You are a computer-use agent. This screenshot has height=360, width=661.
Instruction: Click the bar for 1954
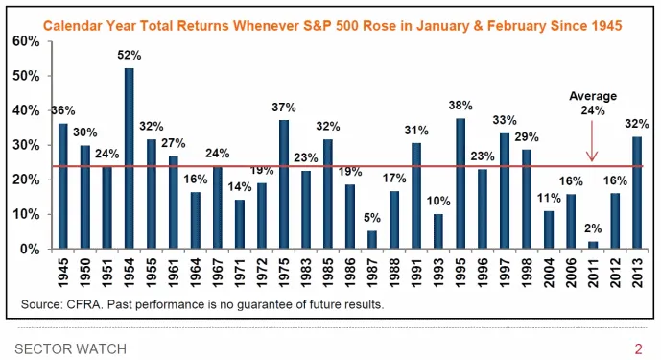click(129, 158)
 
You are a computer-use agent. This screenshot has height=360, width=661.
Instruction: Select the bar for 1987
click(372, 240)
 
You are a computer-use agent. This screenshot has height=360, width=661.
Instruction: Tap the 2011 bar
click(593, 245)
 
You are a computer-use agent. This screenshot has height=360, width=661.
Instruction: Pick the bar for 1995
click(460, 183)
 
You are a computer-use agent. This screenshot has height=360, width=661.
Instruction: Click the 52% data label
click(129, 56)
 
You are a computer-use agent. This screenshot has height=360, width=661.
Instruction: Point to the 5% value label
click(372, 218)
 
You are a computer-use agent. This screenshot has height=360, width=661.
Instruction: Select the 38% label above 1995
click(460, 105)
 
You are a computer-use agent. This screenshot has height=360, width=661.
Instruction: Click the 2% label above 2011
click(593, 228)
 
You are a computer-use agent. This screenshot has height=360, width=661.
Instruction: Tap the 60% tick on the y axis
click(26, 41)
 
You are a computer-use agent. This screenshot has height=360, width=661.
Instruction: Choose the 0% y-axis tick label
click(30, 249)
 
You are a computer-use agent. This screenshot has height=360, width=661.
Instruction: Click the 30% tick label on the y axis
click(26, 145)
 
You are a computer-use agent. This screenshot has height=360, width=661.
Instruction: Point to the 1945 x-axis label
click(63, 273)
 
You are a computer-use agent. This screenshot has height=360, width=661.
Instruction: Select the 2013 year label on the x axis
click(637, 273)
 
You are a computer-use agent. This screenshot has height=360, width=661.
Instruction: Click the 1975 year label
click(284, 273)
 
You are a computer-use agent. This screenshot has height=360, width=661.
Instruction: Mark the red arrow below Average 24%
click(592, 141)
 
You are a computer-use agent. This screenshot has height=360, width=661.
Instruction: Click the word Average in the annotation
click(593, 96)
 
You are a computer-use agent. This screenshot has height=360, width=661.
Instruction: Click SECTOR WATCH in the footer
click(70, 349)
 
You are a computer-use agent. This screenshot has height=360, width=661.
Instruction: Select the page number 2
click(638, 349)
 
